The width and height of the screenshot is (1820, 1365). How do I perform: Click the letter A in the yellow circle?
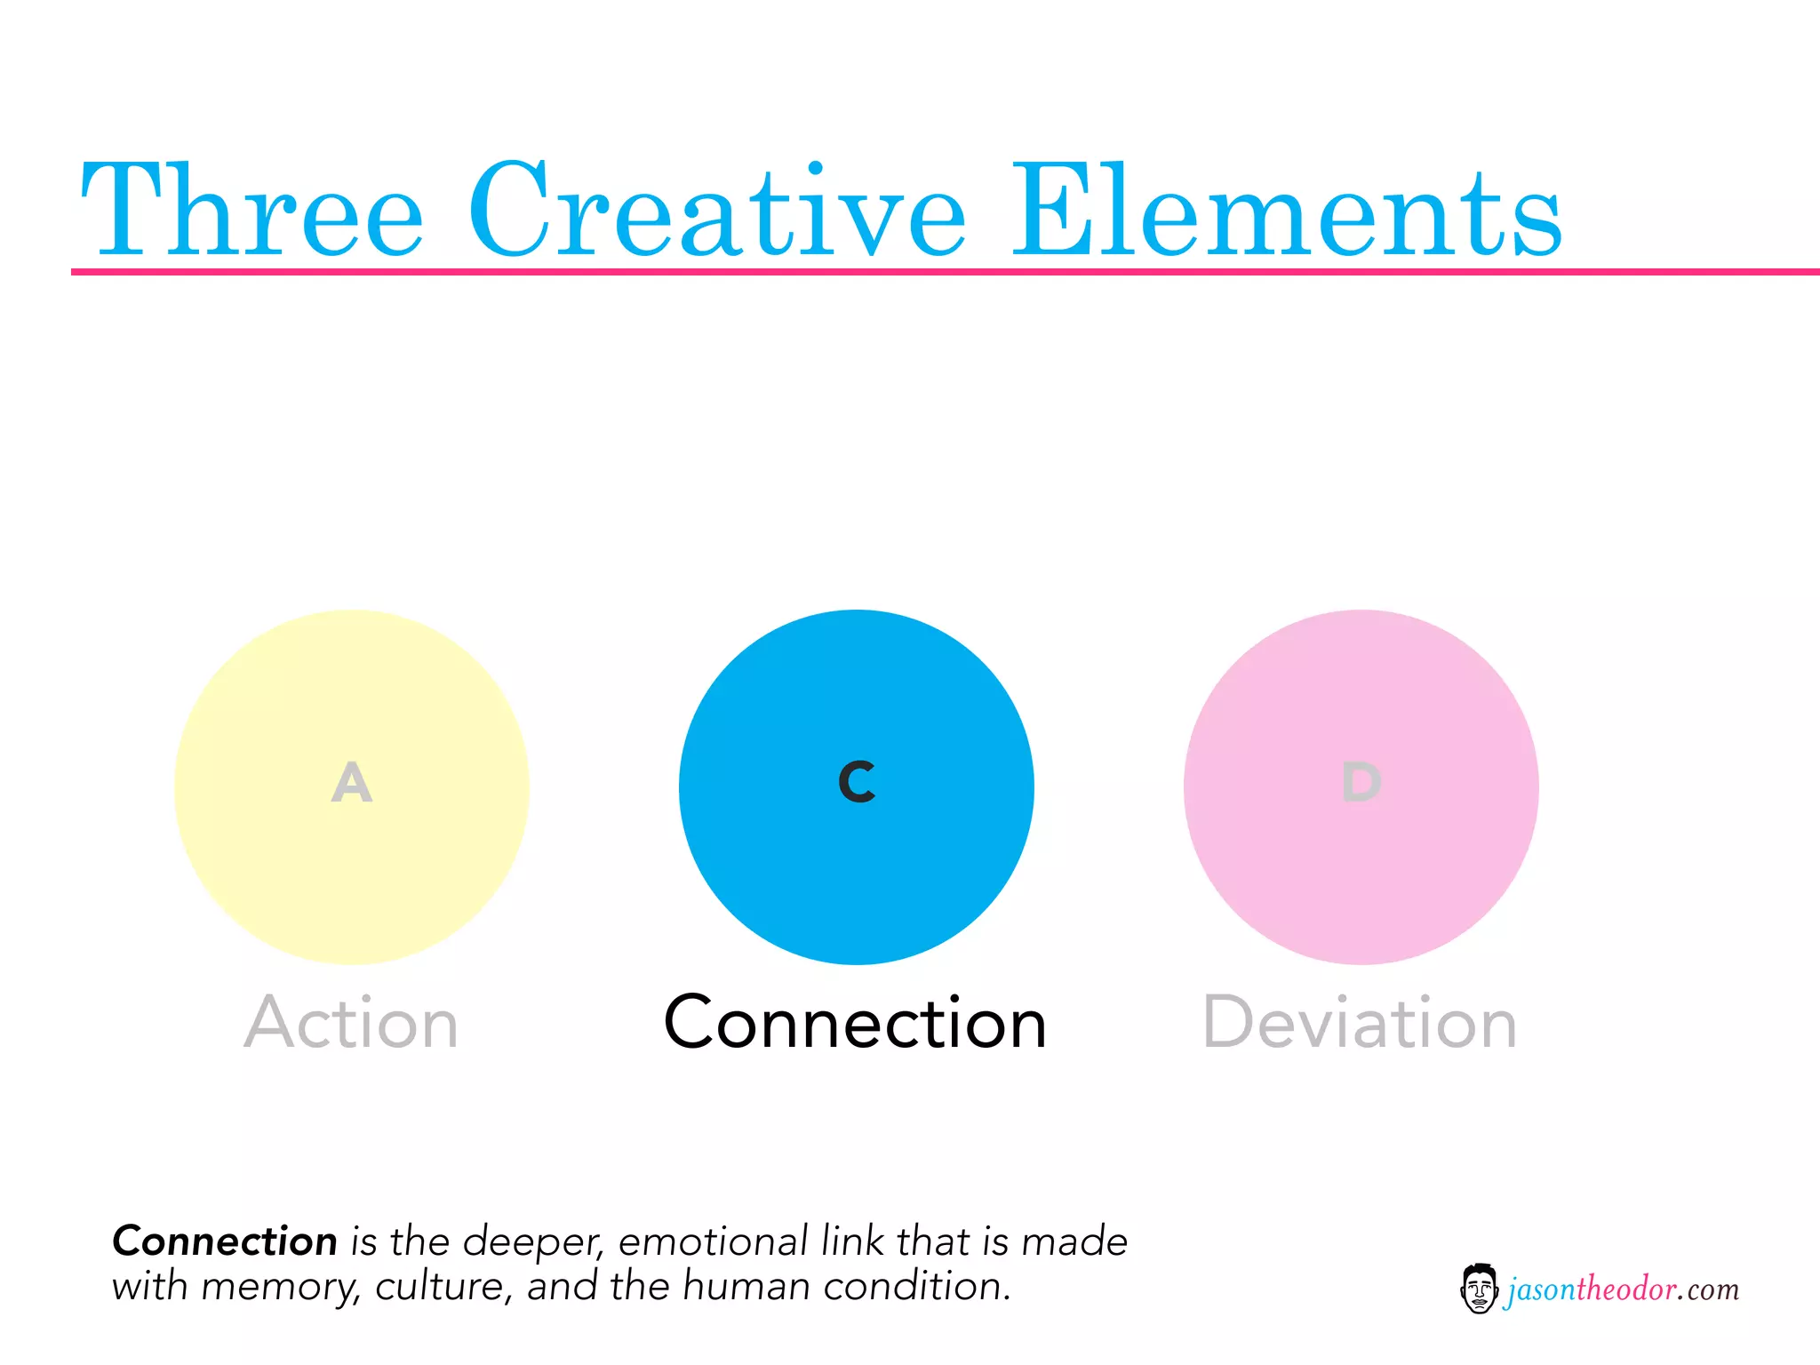point(352,783)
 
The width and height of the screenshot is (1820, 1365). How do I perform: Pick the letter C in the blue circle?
point(857,783)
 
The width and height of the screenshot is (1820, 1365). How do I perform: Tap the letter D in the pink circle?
point(1361,783)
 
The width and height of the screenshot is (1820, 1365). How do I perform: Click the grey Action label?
point(352,1024)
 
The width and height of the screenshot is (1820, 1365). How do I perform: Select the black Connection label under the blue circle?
point(856,1024)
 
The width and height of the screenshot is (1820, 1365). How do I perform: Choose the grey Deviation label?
point(1360,1024)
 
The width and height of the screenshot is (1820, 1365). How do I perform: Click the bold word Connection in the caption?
point(225,1241)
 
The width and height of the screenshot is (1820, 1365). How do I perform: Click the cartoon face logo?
point(1479,1289)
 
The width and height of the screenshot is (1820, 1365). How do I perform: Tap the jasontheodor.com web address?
point(1623,1289)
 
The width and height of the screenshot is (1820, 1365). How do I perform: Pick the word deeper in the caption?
point(532,1242)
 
